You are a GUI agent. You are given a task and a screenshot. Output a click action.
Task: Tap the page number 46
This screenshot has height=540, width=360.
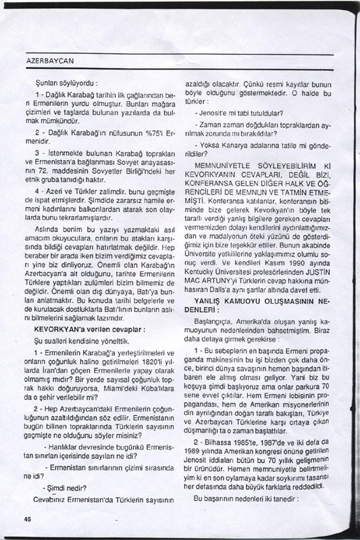click(28, 518)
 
